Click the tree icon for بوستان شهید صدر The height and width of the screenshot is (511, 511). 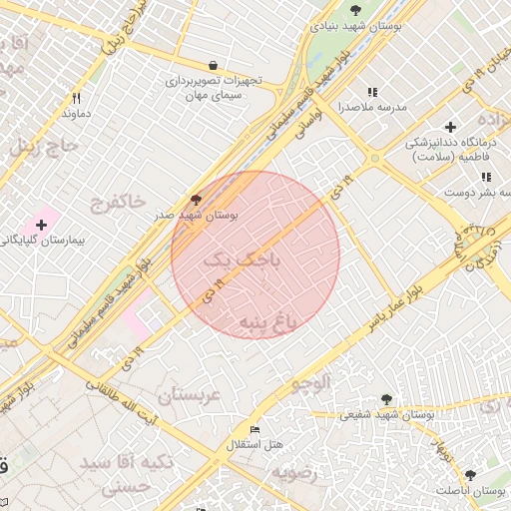(x=195, y=199)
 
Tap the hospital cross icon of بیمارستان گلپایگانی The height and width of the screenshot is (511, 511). (x=41, y=225)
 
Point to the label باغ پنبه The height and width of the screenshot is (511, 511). (x=268, y=322)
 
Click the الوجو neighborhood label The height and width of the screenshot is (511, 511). (x=309, y=382)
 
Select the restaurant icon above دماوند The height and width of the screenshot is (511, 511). (x=76, y=98)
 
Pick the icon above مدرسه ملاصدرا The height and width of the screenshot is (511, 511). (x=372, y=92)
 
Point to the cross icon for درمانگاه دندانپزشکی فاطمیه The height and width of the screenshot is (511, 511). (x=451, y=127)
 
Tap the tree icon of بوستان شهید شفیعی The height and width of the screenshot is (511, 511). (x=386, y=398)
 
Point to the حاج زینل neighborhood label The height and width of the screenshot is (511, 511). (x=41, y=147)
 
